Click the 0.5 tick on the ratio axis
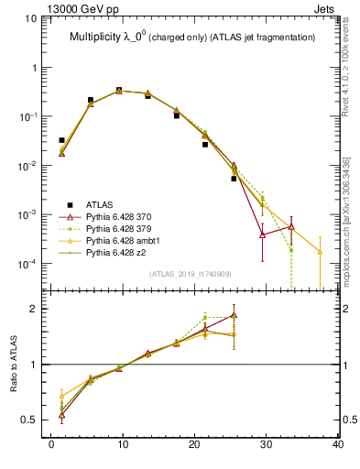(x=32, y=420)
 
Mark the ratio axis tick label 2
(x=37, y=309)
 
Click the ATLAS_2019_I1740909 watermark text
(x=190, y=274)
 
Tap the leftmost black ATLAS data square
(x=61, y=140)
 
